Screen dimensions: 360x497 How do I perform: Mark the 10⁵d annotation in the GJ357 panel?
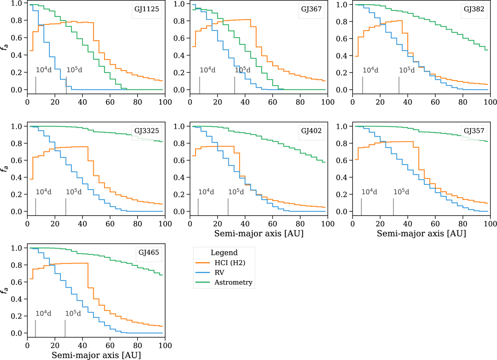(401, 192)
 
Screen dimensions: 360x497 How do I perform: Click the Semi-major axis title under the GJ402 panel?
(258, 234)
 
